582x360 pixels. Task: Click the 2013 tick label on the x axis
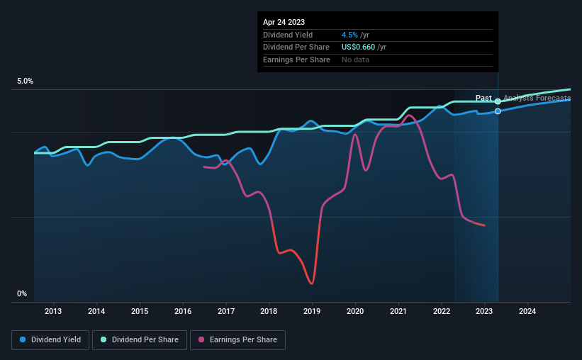(x=53, y=311)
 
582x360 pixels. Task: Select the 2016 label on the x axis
(x=183, y=311)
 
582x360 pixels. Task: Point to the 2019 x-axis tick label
(x=313, y=311)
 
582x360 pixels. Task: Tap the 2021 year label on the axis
(x=398, y=311)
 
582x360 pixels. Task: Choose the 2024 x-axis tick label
(x=527, y=311)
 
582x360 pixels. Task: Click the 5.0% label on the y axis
(x=25, y=81)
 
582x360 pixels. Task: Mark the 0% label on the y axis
(x=22, y=293)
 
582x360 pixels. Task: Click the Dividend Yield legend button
(x=50, y=340)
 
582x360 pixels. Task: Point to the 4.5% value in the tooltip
(x=350, y=35)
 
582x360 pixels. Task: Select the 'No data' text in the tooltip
(x=355, y=60)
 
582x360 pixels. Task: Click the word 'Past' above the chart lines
(x=483, y=99)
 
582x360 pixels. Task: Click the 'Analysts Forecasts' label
(x=537, y=99)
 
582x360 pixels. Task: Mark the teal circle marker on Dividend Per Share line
(x=498, y=101)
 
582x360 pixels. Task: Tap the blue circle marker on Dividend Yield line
(x=498, y=111)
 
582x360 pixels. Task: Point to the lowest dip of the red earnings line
(x=311, y=283)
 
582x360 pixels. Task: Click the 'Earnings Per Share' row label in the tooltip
(x=296, y=60)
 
